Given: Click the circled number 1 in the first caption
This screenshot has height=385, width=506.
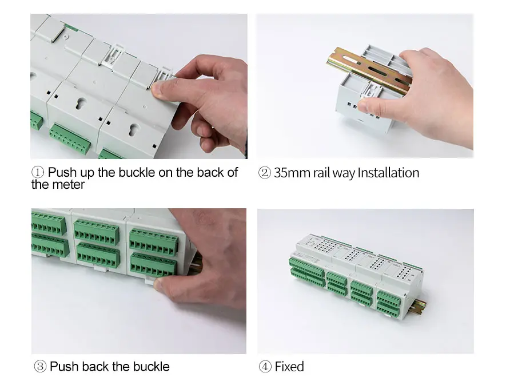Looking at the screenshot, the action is coord(38,172).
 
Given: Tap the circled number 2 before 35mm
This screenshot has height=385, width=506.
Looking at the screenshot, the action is coord(264,173).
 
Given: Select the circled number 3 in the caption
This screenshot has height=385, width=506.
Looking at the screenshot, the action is coord(40,367).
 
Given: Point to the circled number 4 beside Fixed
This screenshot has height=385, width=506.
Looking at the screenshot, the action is coord(265,367).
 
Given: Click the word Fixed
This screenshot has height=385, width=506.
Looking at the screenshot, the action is coord(289,367).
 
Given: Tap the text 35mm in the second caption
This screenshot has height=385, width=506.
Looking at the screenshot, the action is coord(292,173).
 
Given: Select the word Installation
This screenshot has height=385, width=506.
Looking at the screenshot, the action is coord(388,173).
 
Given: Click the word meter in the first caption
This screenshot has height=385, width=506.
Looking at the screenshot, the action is coord(71,185).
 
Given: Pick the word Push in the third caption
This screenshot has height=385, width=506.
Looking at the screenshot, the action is coord(64,367).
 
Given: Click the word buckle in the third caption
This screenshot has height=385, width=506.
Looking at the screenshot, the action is coord(152,367).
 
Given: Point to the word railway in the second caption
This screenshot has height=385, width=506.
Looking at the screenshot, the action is coord(334,173).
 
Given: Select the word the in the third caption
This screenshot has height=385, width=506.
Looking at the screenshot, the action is coord(121,367).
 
